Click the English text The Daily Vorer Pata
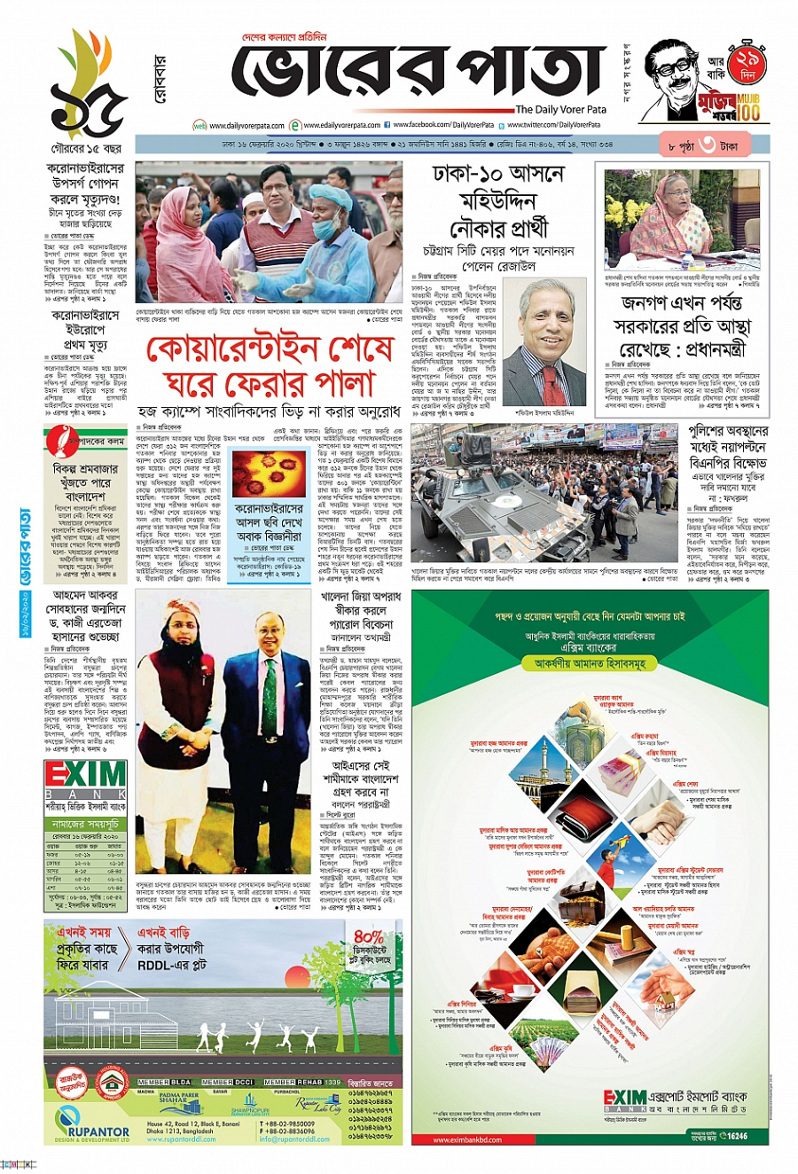tap(560, 110)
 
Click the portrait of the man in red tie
tap(544, 341)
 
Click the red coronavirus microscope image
tap(269, 474)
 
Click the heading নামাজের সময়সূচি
tap(85, 824)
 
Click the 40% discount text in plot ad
tap(368, 936)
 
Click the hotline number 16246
tap(735, 1135)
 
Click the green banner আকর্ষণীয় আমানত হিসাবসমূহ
tap(590, 662)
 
